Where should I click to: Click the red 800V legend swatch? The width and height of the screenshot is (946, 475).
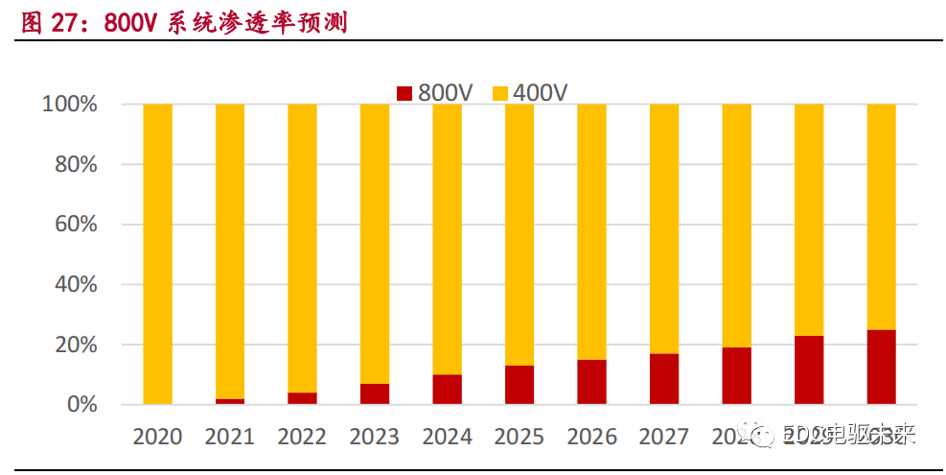click(x=404, y=93)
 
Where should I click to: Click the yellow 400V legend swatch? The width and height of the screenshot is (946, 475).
click(x=499, y=93)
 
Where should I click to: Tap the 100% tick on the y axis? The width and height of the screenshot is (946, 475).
click(x=70, y=105)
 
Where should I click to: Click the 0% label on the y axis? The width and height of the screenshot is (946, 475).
click(x=81, y=405)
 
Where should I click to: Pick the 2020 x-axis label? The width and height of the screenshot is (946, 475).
click(x=157, y=437)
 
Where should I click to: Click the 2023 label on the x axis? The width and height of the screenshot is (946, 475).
click(x=375, y=437)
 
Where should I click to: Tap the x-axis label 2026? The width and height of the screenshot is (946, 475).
click(x=591, y=437)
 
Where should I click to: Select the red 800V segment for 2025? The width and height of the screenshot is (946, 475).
click(x=519, y=385)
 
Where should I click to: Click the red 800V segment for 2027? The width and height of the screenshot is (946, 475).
click(x=664, y=379)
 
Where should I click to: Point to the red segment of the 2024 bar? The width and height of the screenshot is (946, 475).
click(x=447, y=389)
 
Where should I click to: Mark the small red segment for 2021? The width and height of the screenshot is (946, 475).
click(x=230, y=401)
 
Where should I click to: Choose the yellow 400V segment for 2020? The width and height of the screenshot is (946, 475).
click(x=157, y=254)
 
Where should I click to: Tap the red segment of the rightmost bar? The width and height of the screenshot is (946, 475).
click(x=881, y=367)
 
